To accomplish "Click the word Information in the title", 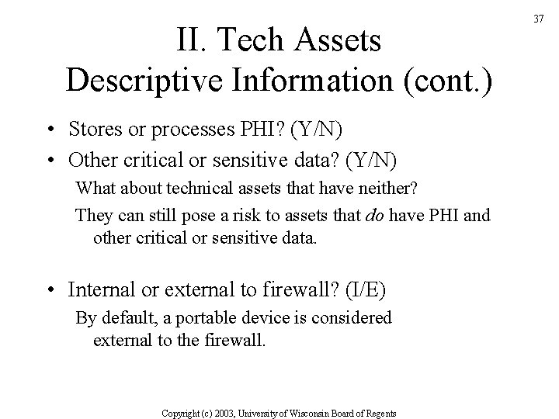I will (314, 80).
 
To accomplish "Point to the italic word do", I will (374, 215).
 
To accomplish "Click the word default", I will (123, 317).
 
